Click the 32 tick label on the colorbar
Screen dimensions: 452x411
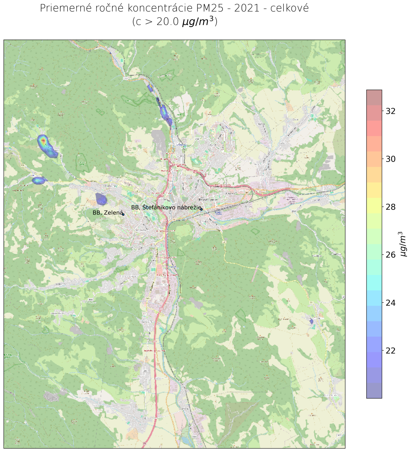pos(391,111)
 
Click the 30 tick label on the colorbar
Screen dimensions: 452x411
pos(391,159)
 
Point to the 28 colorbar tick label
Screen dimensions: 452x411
pos(391,207)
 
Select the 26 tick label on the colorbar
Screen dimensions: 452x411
pos(391,255)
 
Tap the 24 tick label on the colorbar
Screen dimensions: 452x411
pos(391,302)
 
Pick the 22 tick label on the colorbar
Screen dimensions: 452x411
pos(391,350)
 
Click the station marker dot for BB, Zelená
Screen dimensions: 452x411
pos(123,214)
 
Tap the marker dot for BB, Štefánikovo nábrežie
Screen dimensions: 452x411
pos(202,209)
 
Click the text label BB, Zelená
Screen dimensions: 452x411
pos(107,212)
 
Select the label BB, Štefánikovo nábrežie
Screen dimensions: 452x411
pos(165,207)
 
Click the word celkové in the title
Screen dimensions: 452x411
pos(290,8)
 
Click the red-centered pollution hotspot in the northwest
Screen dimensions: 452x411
pos(43,141)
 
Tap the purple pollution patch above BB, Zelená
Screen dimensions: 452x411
pos(101,198)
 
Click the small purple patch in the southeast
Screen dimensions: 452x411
pos(311,321)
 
